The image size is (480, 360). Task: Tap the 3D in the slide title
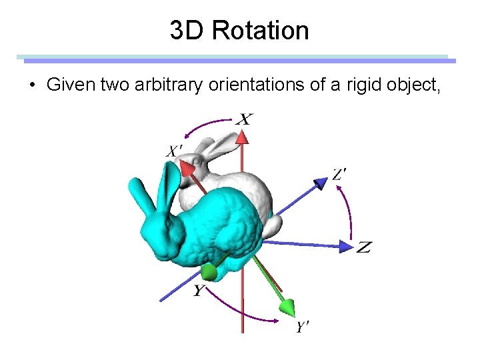pyautogui.click(x=185, y=31)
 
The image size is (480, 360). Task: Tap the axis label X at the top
pyautogui.click(x=245, y=120)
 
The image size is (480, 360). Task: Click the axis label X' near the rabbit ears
pyautogui.click(x=173, y=152)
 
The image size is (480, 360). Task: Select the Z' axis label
pyautogui.click(x=339, y=175)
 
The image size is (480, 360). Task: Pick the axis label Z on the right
pyautogui.click(x=363, y=248)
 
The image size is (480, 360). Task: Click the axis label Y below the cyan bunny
pyautogui.click(x=199, y=291)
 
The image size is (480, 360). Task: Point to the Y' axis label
pyautogui.click(x=303, y=327)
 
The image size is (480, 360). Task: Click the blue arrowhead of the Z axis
pyautogui.click(x=346, y=246)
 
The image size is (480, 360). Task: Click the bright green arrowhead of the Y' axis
pyautogui.click(x=287, y=307)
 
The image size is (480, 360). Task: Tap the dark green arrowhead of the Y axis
pyautogui.click(x=209, y=271)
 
